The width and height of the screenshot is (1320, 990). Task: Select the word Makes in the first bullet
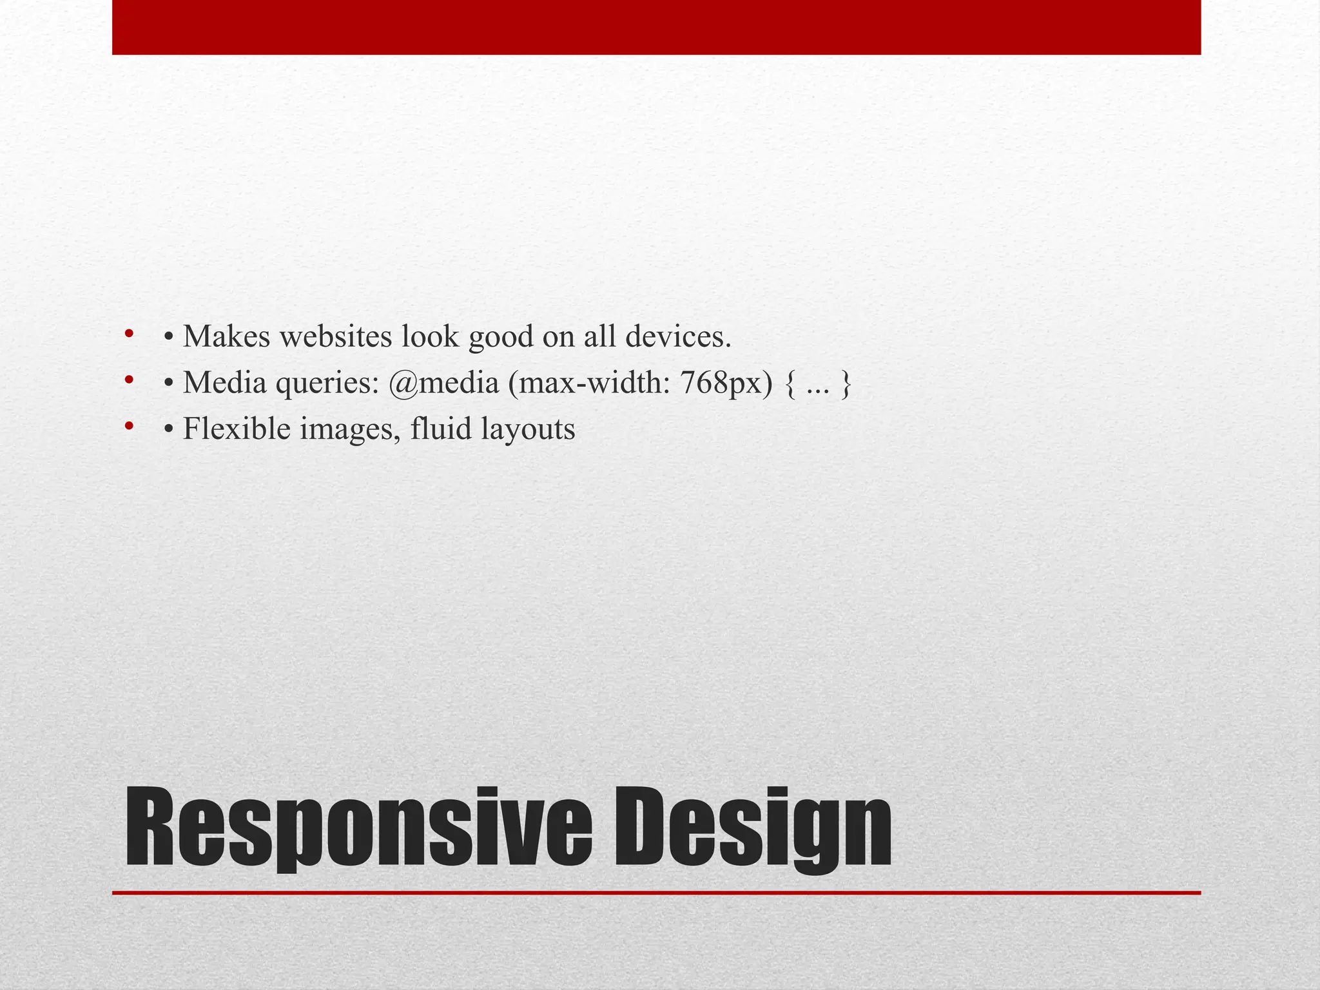(226, 336)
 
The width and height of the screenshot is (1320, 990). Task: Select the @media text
(443, 383)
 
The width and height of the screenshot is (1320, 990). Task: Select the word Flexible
(237, 429)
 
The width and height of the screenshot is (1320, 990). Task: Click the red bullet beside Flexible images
(129, 426)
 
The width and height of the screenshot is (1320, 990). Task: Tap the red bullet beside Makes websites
(129, 333)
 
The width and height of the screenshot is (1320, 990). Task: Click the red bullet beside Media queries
(129, 380)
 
